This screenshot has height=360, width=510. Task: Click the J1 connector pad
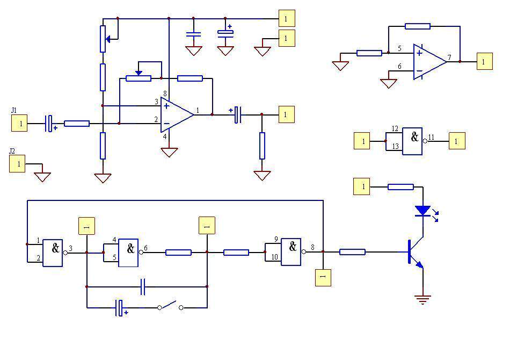[x=19, y=123]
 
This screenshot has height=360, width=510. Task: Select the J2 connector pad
[x=17, y=164]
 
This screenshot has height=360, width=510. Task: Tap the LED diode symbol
[x=423, y=211]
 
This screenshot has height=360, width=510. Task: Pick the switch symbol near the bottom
[x=170, y=306]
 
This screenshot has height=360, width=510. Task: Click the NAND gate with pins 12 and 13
[x=412, y=141]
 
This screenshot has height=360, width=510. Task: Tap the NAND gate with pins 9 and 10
[x=291, y=251]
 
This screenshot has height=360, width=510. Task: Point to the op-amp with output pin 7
[x=429, y=62]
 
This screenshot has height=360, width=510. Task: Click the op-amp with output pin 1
[x=177, y=114]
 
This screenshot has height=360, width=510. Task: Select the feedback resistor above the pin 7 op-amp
[x=418, y=26]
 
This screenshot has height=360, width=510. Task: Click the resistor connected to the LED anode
[x=400, y=187]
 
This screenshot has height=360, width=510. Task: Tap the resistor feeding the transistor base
[x=352, y=252]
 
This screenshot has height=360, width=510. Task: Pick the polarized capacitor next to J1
[x=49, y=124]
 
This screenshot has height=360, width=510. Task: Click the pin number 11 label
[x=431, y=138]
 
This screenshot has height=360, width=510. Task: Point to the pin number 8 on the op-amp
[x=165, y=94]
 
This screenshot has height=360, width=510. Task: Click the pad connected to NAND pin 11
[x=457, y=141]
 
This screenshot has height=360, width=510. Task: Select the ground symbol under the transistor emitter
[x=422, y=299]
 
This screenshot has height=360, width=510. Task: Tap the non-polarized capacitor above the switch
[x=143, y=287]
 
